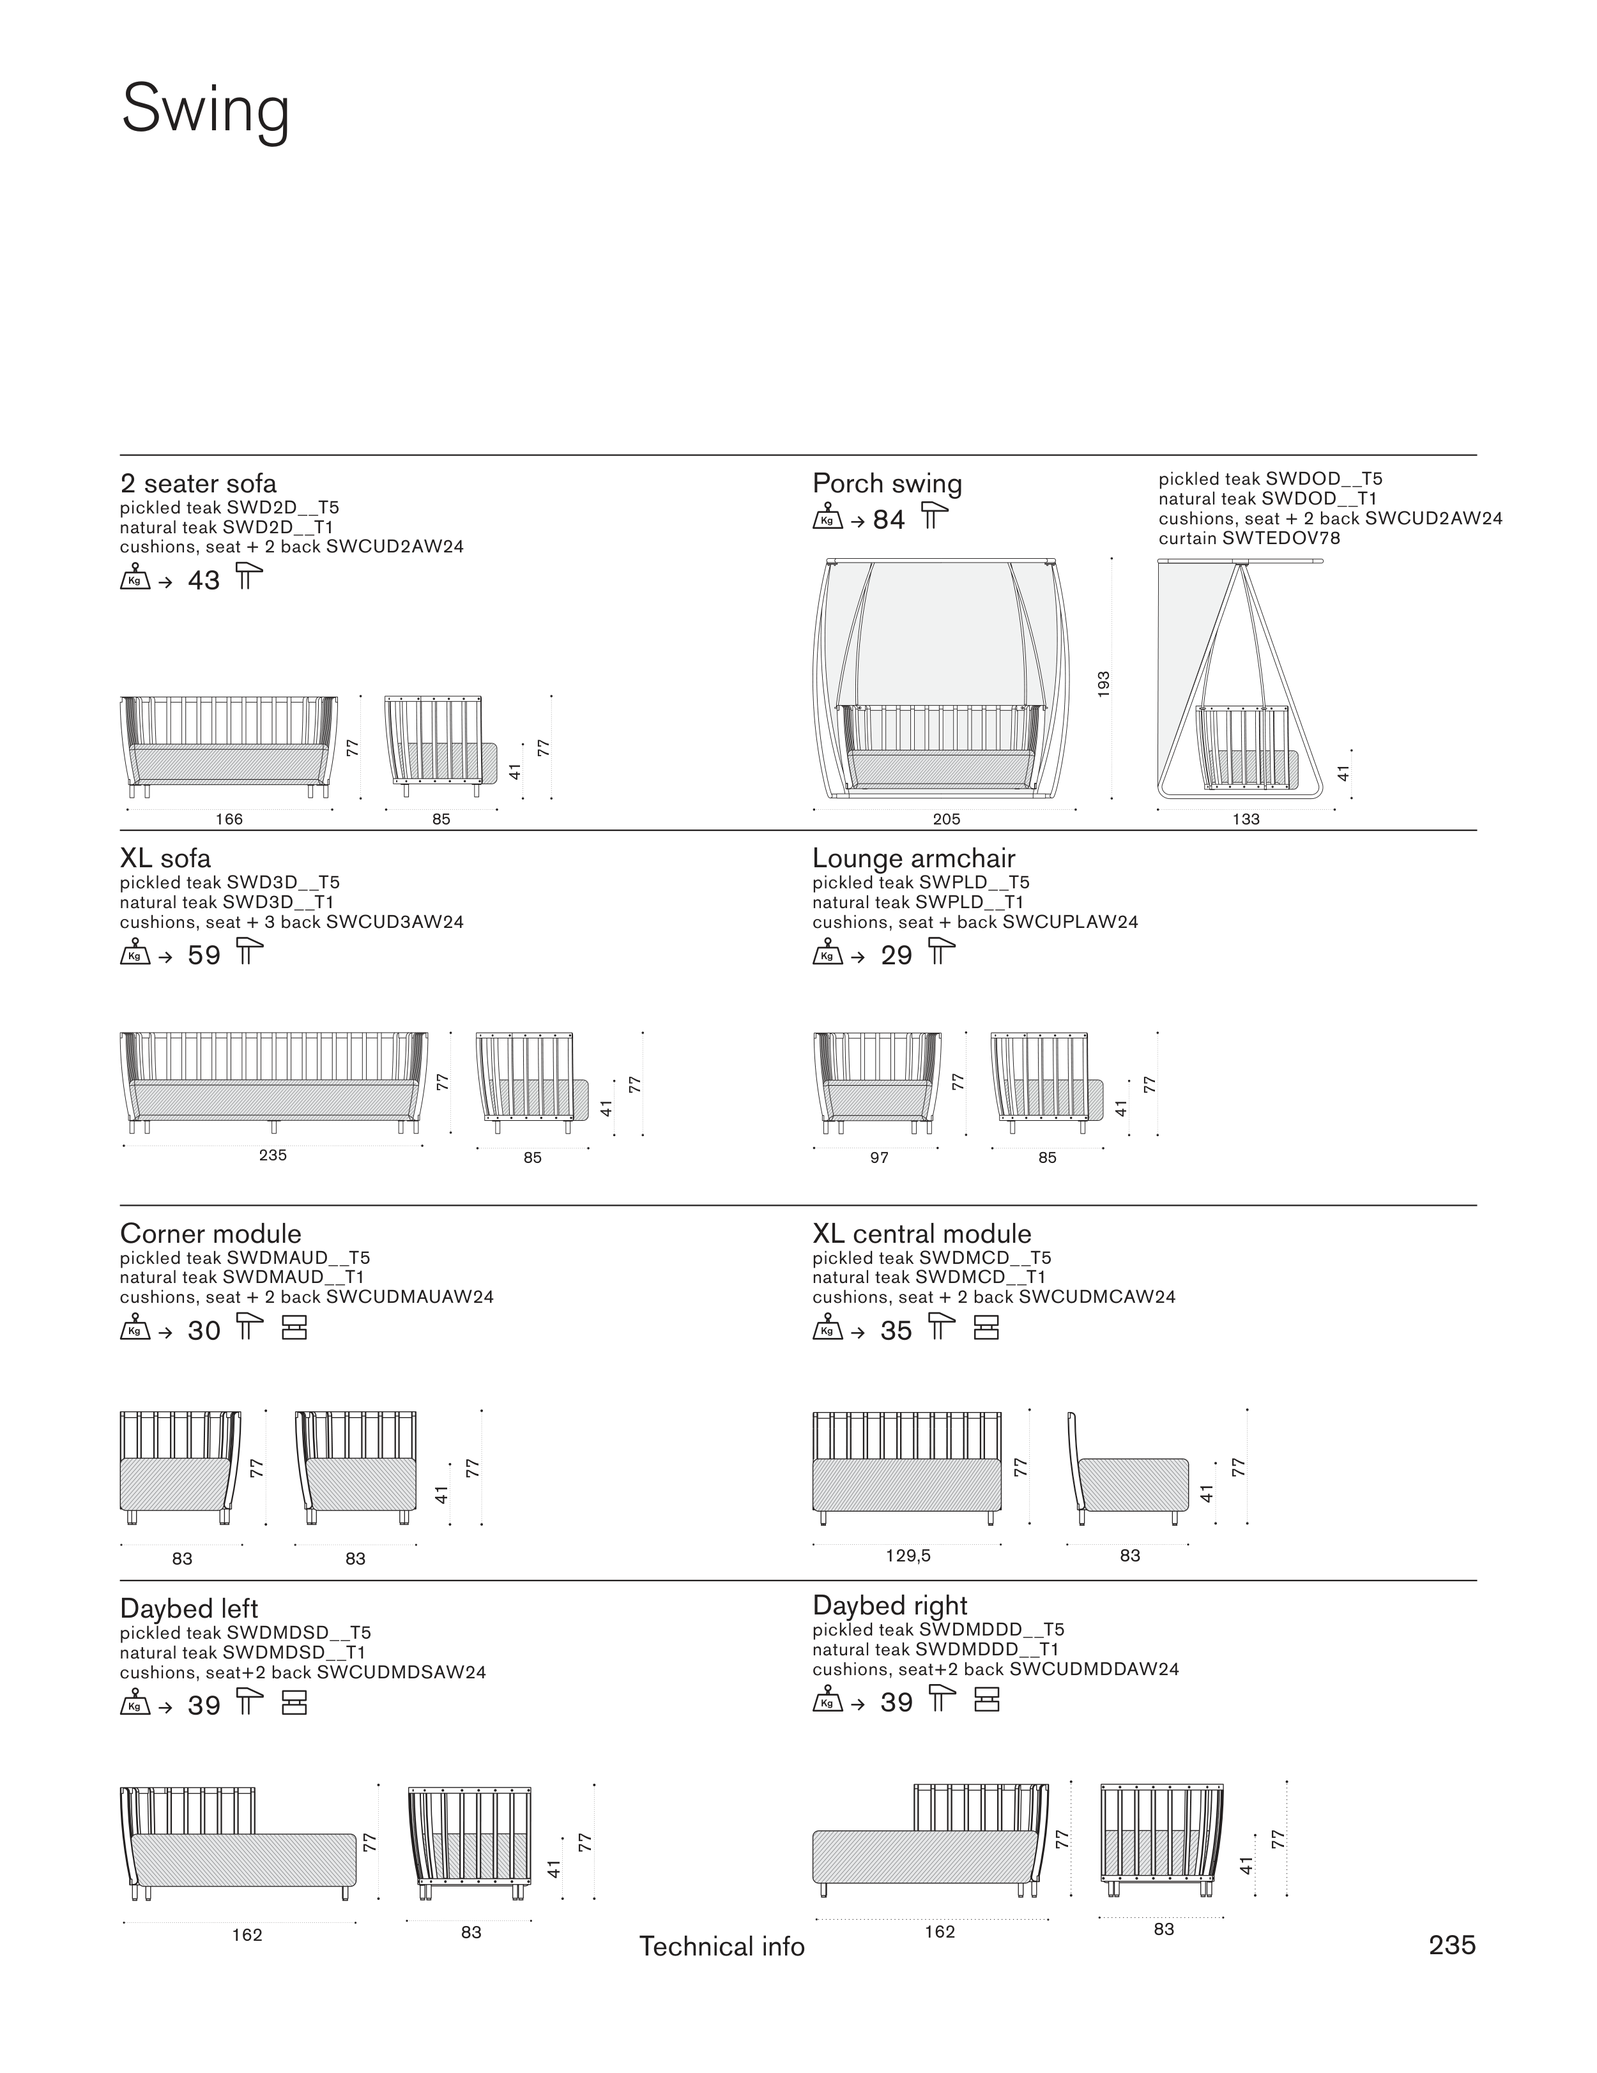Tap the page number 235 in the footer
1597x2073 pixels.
tap(1452, 1945)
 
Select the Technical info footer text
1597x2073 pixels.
tap(722, 1946)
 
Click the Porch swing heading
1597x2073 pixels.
tap(887, 483)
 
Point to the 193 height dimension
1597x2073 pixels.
tap(1103, 683)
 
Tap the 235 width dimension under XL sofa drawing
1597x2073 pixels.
tap(273, 1154)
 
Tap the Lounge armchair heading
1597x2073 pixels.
tap(913, 858)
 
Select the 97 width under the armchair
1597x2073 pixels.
tap(879, 1157)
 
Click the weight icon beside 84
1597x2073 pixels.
tap(827, 519)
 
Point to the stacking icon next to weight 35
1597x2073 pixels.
tap(986, 1329)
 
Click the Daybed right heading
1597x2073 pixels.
tap(890, 1605)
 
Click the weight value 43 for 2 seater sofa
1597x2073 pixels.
tap(204, 580)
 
